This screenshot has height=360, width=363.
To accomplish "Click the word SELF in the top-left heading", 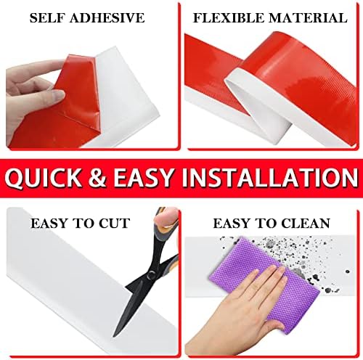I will pyautogui.click(x=49, y=17).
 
